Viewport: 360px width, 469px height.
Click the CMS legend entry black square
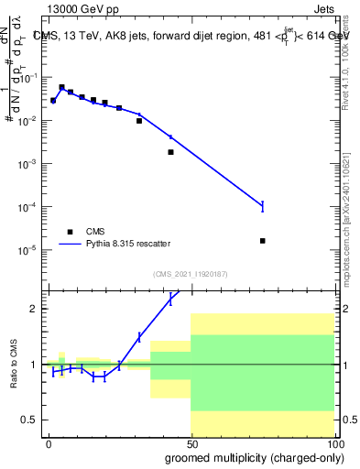click(x=71, y=232)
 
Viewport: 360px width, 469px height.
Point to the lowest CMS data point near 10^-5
click(x=263, y=241)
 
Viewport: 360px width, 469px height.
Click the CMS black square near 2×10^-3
click(x=170, y=152)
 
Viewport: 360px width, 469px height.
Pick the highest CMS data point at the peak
click(x=61, y=87)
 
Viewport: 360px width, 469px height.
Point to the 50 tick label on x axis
click(x=191, y=443)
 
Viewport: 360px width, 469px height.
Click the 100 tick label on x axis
click(x=333, y=443)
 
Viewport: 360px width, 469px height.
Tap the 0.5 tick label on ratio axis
click(x=35, y=420)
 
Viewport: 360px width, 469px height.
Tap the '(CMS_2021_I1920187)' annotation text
click(x=191, y=274)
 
